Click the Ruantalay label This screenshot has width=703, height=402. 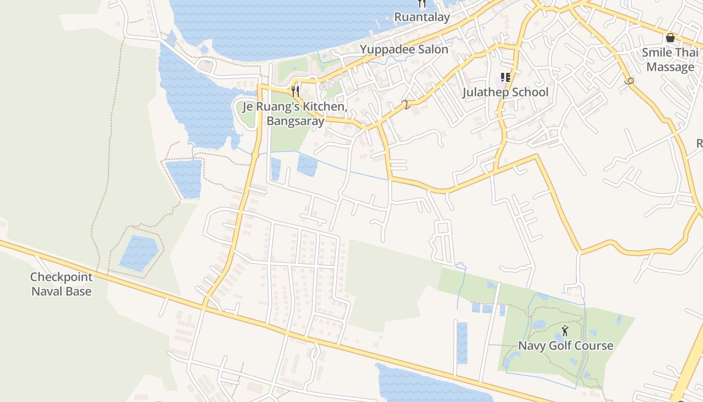(x=421, y=17)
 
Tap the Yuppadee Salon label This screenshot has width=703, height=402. (x=404, y=49)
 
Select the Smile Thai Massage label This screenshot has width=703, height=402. (x=670, y=59)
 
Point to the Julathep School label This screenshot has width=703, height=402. (x=505, y=92)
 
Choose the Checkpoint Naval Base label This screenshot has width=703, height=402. (x=61, y=284)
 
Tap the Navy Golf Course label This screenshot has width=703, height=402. (x=565, y=346)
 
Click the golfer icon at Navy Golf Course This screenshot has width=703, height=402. (x=565, y=331)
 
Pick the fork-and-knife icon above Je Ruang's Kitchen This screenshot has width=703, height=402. (x=295, y=91)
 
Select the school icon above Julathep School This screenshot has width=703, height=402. (x=505, y=77)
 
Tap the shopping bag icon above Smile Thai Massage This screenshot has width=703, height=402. (x=670, y=38)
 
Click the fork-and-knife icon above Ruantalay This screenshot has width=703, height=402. (x=422, y=4)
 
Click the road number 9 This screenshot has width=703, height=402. (x=630, y=80)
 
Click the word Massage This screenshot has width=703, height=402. (x=670, y=67)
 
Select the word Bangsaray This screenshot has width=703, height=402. (x=295, y=121)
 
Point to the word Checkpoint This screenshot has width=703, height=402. (x=61, y=277)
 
